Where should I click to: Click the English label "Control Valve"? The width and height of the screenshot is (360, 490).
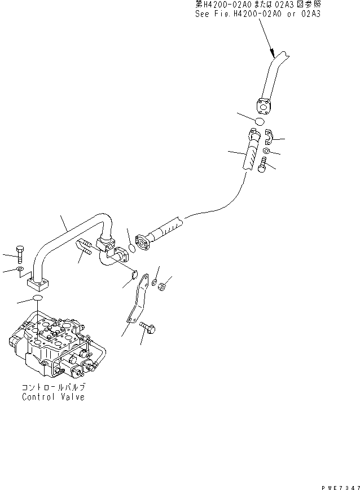point(53,396)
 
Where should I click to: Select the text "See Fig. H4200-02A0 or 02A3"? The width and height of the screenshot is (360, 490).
point(257,14)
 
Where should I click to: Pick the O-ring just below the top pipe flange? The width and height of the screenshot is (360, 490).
point(259,121)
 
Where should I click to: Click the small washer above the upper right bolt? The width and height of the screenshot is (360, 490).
point(267,153)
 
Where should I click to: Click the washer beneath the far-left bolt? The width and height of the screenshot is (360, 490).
point(20,270)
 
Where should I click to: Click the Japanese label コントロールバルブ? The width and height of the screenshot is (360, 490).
point(53,388)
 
